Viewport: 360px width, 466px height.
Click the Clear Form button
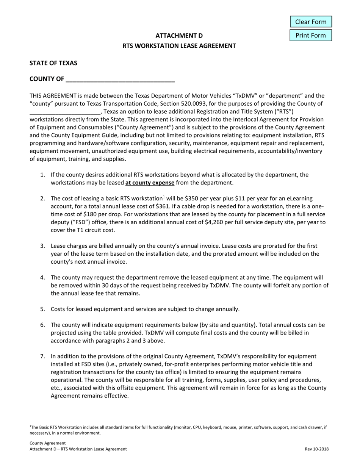311,22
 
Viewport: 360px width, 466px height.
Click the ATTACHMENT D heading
179,36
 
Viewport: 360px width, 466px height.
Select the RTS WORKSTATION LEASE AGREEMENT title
179,46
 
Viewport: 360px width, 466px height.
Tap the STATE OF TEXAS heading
53,63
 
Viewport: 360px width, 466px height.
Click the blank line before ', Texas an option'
65,112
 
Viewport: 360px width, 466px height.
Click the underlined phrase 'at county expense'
150,183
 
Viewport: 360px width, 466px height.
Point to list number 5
43,309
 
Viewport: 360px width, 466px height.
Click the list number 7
43,357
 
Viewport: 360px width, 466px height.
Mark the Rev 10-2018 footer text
316,449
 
